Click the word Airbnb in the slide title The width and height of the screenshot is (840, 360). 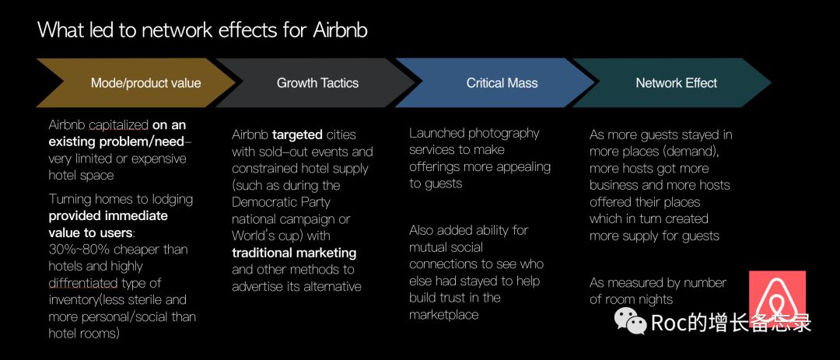pos(340,30)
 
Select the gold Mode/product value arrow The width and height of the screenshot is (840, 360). pos(135,82)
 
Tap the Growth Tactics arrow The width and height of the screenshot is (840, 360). pos(316,82)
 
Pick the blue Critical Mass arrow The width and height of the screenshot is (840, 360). pos(495,82)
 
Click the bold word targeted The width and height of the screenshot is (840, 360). pos(297,135)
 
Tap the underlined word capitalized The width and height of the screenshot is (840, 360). pos(118,125)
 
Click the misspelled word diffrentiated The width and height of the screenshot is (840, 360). pos(83,283)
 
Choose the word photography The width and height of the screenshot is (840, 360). pos(504,134)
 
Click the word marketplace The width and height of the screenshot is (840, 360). pos(443,314)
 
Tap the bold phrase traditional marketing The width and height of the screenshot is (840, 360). pos(294,253)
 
